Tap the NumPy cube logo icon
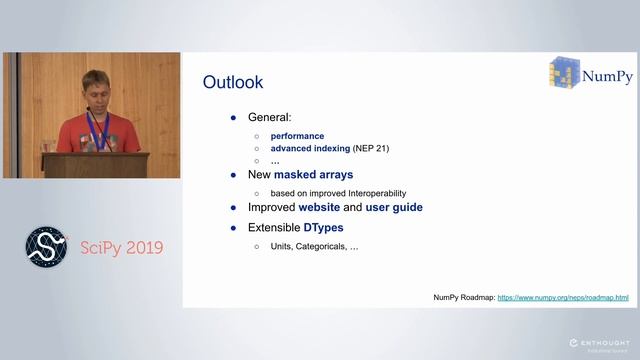click(x=562, y=74)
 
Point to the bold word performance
click(x=297, y=136)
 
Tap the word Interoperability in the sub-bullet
click(x=375, y=193)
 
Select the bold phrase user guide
click(x=393, y=207)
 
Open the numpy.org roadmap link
click(x=563, y=298)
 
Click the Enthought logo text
click(x=598, y=343)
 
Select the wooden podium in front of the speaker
click(x=96, y=165)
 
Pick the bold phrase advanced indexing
click(x=310, y=148)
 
